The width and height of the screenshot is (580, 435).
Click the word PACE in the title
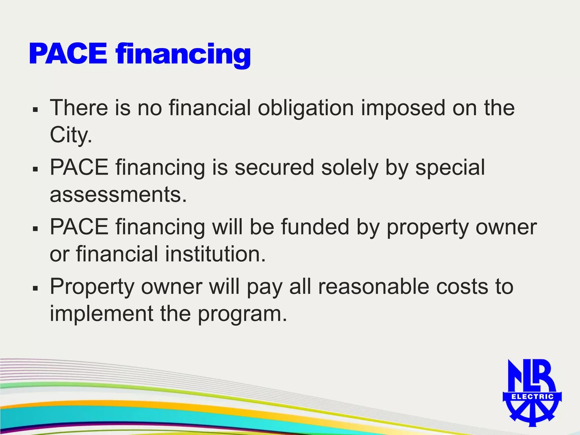[x=68, y=54]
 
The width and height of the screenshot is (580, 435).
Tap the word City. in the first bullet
[x=71, y=135]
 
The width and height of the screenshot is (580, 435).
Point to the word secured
[x=274, y=168]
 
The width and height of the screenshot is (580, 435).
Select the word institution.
[x=215, y=254]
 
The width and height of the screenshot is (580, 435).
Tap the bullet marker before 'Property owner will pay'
[x=35, y=288]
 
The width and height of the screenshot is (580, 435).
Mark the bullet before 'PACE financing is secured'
[x=35, y=169]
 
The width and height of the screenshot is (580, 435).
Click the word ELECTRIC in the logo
[x=532, y=397]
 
